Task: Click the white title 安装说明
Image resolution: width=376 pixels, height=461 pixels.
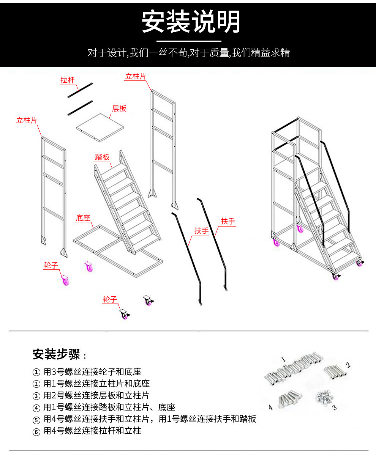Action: point(191,21)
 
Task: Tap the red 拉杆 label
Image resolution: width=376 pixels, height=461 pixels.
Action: point(67,80)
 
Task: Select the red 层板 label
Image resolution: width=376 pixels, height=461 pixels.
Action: point(119,109)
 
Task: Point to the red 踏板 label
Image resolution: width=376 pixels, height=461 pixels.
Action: point(102,157)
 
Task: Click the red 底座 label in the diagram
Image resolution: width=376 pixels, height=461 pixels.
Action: point(83,218)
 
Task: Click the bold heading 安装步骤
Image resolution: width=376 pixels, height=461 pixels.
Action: point(56,354)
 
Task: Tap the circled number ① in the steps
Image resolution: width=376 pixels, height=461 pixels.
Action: point(36,372)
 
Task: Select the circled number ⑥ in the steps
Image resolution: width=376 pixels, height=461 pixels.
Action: point(36,431)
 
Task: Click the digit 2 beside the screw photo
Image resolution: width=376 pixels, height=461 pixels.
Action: point(348,365)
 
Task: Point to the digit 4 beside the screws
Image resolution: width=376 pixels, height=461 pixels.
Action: point(270,408)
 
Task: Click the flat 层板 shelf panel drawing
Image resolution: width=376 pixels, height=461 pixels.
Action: point(100,127)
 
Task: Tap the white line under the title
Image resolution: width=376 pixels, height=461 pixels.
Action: point(189,41)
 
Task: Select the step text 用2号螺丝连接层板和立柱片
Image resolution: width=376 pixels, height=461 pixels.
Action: point(96,396)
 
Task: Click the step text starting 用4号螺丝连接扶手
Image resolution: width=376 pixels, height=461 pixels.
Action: point(150,419)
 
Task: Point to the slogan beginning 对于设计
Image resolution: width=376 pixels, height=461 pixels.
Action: point(189,53)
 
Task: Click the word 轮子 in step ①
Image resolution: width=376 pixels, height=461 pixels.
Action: point(106,372)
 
